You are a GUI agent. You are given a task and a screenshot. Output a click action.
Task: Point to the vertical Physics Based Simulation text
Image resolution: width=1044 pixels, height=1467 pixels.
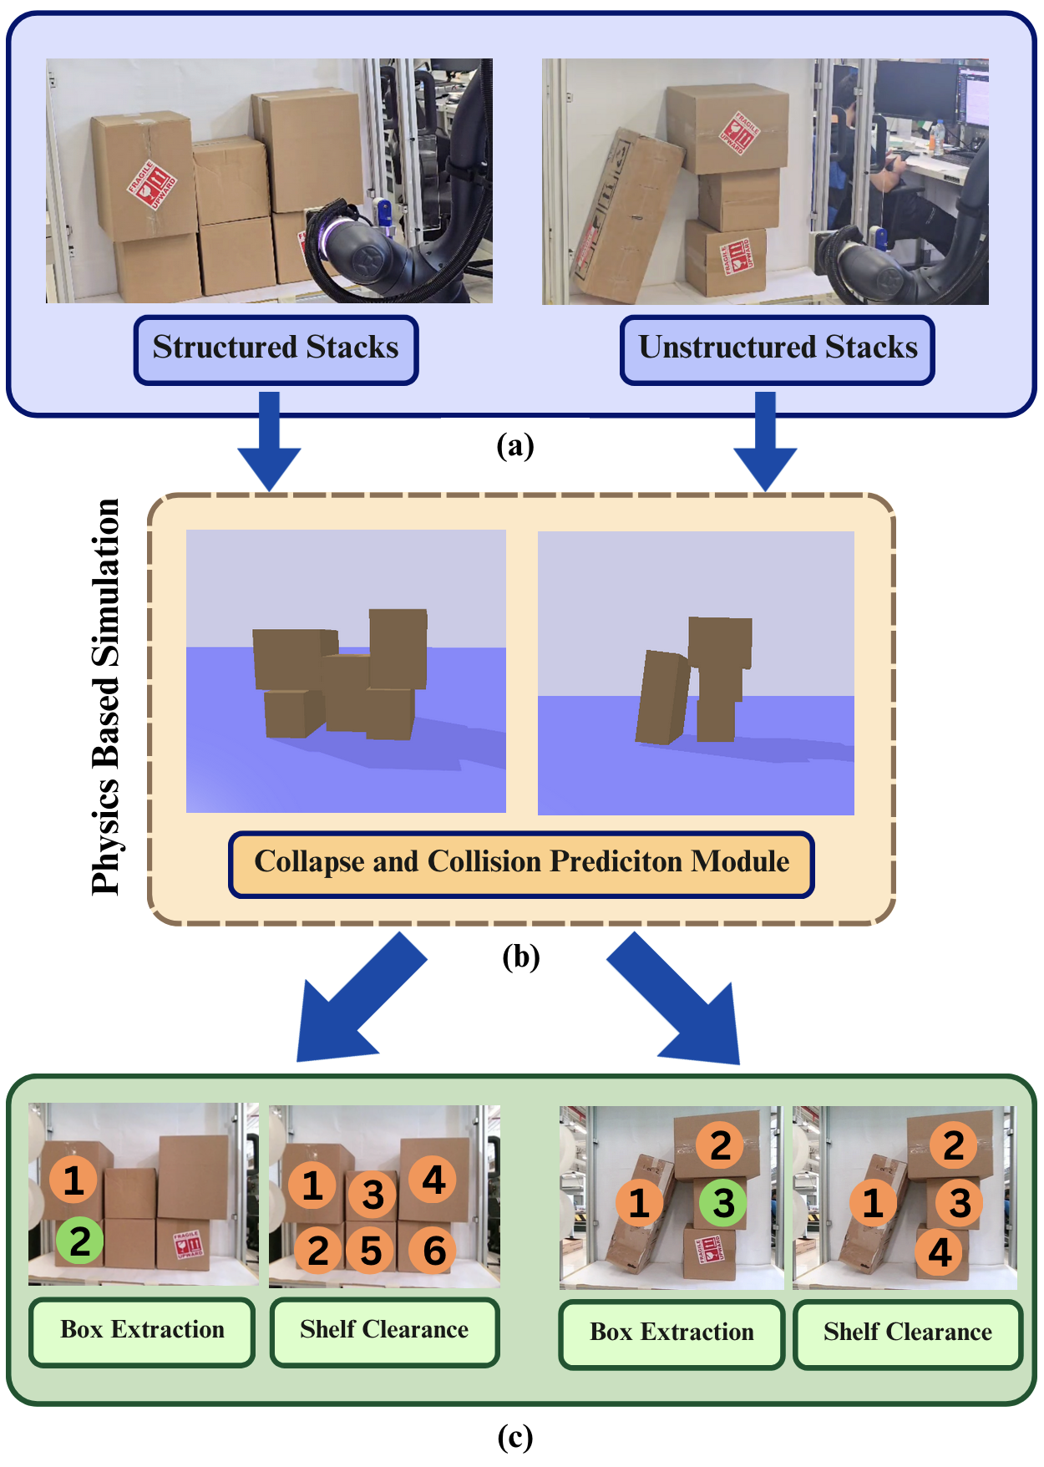tap(106, 698)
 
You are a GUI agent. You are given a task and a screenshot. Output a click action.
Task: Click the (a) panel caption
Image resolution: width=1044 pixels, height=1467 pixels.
tap(514, 445)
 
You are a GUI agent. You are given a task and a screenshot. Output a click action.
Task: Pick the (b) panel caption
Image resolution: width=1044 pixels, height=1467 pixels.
tap(520, 957)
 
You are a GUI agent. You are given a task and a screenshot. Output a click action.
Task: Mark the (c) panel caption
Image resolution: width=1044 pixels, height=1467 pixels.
tap(514, 1437)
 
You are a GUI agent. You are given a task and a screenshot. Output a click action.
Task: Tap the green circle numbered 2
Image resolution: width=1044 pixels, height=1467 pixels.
tap(80, 1241)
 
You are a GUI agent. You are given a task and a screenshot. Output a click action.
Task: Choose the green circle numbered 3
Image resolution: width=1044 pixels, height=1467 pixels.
tap(723, 1203)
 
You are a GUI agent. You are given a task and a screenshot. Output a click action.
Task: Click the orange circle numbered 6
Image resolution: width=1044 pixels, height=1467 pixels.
tap(433, 1251)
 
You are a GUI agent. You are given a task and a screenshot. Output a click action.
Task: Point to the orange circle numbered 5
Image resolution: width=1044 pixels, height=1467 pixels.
tap(370, 1251)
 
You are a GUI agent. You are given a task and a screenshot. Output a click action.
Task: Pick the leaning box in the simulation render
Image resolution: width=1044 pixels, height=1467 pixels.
tap(663, 698)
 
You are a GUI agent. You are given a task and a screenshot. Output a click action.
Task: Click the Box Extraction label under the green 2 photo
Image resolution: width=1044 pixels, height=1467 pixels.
tap(142, 1331)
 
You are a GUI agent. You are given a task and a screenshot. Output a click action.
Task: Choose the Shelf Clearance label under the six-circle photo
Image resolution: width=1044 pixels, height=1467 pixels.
tap(384, 1331)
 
